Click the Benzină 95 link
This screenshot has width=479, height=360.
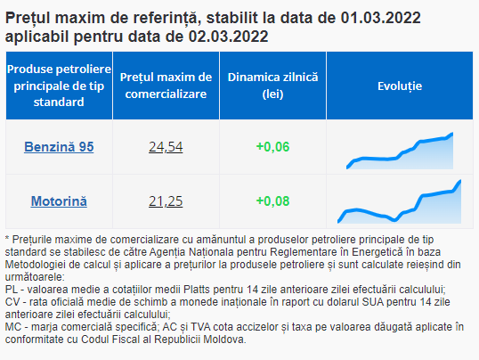click(x=59, y=147)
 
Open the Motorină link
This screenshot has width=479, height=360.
click(x=59, y=201)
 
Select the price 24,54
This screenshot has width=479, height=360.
click(x=166, y=147)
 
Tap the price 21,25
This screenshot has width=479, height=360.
click(x=166, y=201)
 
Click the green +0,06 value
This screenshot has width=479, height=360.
click(x=272, y=147)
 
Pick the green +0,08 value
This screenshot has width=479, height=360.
click(x=272, y=201)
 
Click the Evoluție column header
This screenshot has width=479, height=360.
click(x=400, y=86)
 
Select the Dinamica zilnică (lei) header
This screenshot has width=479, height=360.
click(x=272, y=86)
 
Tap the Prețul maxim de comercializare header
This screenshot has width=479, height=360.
click(x=166, y=86)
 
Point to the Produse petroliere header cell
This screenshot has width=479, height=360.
click(x=59, y=86)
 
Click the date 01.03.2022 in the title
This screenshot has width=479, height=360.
click(x=381, y=18)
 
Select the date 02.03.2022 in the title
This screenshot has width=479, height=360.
click(x=228, y=37)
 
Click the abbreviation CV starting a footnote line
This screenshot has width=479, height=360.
click(x=12, y=302)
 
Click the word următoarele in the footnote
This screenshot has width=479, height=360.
click(x=35, y=277)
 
